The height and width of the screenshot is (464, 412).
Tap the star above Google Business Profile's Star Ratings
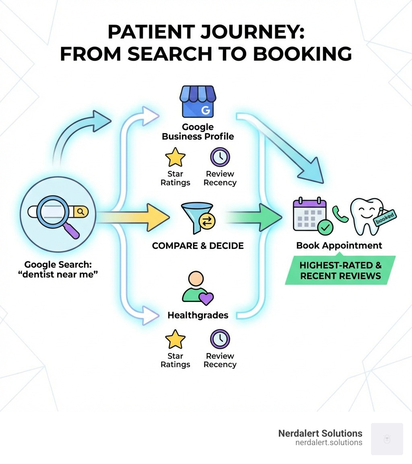point(175,157)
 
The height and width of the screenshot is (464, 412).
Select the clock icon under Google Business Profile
point(220,157)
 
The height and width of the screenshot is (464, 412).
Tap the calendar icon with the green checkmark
point(310,215)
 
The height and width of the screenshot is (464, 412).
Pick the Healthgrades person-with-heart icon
point(198,287)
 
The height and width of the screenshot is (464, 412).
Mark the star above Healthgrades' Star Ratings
point(175,339)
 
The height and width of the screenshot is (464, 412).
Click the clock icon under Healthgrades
point(220,339)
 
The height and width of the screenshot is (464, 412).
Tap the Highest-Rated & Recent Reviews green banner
point(340,270)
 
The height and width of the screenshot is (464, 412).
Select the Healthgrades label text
point(198,315)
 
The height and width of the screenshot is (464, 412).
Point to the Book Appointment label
point(339,245)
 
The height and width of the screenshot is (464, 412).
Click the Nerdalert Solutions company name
point(320,433)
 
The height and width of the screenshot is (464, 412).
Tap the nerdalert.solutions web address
point(328,443)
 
